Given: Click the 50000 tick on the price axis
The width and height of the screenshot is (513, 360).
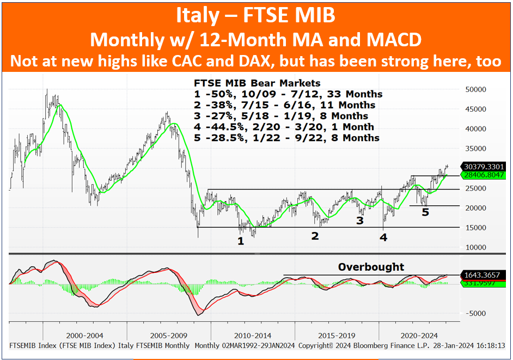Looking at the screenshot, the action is click(x=475, y=89).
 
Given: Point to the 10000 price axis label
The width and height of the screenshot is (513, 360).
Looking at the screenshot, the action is click(x=475, y=247).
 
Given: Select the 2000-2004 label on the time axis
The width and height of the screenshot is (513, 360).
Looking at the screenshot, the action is click(x=84, y=335).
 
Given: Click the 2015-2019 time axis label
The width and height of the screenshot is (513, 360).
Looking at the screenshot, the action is click(x=337, y=335).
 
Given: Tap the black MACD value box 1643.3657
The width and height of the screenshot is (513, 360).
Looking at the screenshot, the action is click(x=483, y=275).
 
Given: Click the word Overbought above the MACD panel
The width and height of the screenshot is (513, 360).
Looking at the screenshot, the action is click(x=371, y=267).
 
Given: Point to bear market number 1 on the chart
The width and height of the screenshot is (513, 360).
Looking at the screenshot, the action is click(x=241, y=241).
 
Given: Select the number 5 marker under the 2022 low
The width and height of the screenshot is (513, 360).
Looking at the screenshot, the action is click(x=425, y=212).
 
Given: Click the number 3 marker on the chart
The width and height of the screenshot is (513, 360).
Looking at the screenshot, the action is click(x=360, y=221).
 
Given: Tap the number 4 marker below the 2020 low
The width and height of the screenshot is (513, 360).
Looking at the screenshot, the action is click(x=383, y=237).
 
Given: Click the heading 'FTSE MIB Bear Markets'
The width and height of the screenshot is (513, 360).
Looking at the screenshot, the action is click(x=257, y=83).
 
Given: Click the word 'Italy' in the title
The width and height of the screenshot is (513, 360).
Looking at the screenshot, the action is click(x=197, y=15).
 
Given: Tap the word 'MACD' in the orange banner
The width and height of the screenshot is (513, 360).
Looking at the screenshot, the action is click(x=394, y=40).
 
